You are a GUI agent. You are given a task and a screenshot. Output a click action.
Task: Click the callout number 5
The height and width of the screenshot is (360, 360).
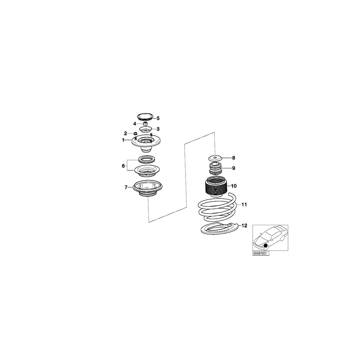pos(158,118)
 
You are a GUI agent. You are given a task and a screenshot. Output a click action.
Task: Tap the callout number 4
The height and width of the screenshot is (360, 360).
pos(134,124)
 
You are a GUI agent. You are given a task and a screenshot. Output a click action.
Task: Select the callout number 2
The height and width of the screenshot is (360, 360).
pos(125,133)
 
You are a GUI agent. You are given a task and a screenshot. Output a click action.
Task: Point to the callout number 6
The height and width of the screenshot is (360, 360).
pos(123,166)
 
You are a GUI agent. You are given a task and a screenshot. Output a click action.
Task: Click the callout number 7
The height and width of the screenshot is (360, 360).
pos(126,188)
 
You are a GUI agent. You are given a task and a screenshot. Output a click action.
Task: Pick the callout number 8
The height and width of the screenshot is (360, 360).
pos(234,158)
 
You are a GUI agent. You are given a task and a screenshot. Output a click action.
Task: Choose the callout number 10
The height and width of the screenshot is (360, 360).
pos(234,186)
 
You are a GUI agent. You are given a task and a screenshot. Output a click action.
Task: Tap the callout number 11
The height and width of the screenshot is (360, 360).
pos(244,204)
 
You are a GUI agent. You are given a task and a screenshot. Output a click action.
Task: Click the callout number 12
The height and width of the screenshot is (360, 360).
pos(244,226)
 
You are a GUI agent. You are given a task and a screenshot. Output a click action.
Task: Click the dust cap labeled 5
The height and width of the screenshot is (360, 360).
pos(145,117)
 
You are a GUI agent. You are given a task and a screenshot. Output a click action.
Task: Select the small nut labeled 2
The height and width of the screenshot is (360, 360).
pos(136,133)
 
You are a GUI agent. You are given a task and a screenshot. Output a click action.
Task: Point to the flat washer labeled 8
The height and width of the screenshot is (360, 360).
pos(215,158)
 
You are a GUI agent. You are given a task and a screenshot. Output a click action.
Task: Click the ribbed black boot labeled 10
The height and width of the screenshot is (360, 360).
pos(216,187)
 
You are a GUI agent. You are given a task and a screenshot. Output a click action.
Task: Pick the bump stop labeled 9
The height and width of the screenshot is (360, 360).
pos(215,168)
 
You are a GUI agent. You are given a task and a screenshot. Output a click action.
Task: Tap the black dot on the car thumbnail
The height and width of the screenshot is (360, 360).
pos(266,246)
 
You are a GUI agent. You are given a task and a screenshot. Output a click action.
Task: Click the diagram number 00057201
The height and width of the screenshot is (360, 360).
pos(260,254)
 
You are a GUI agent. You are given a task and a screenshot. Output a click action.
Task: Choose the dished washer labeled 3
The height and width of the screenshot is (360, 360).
pos(146,130)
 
